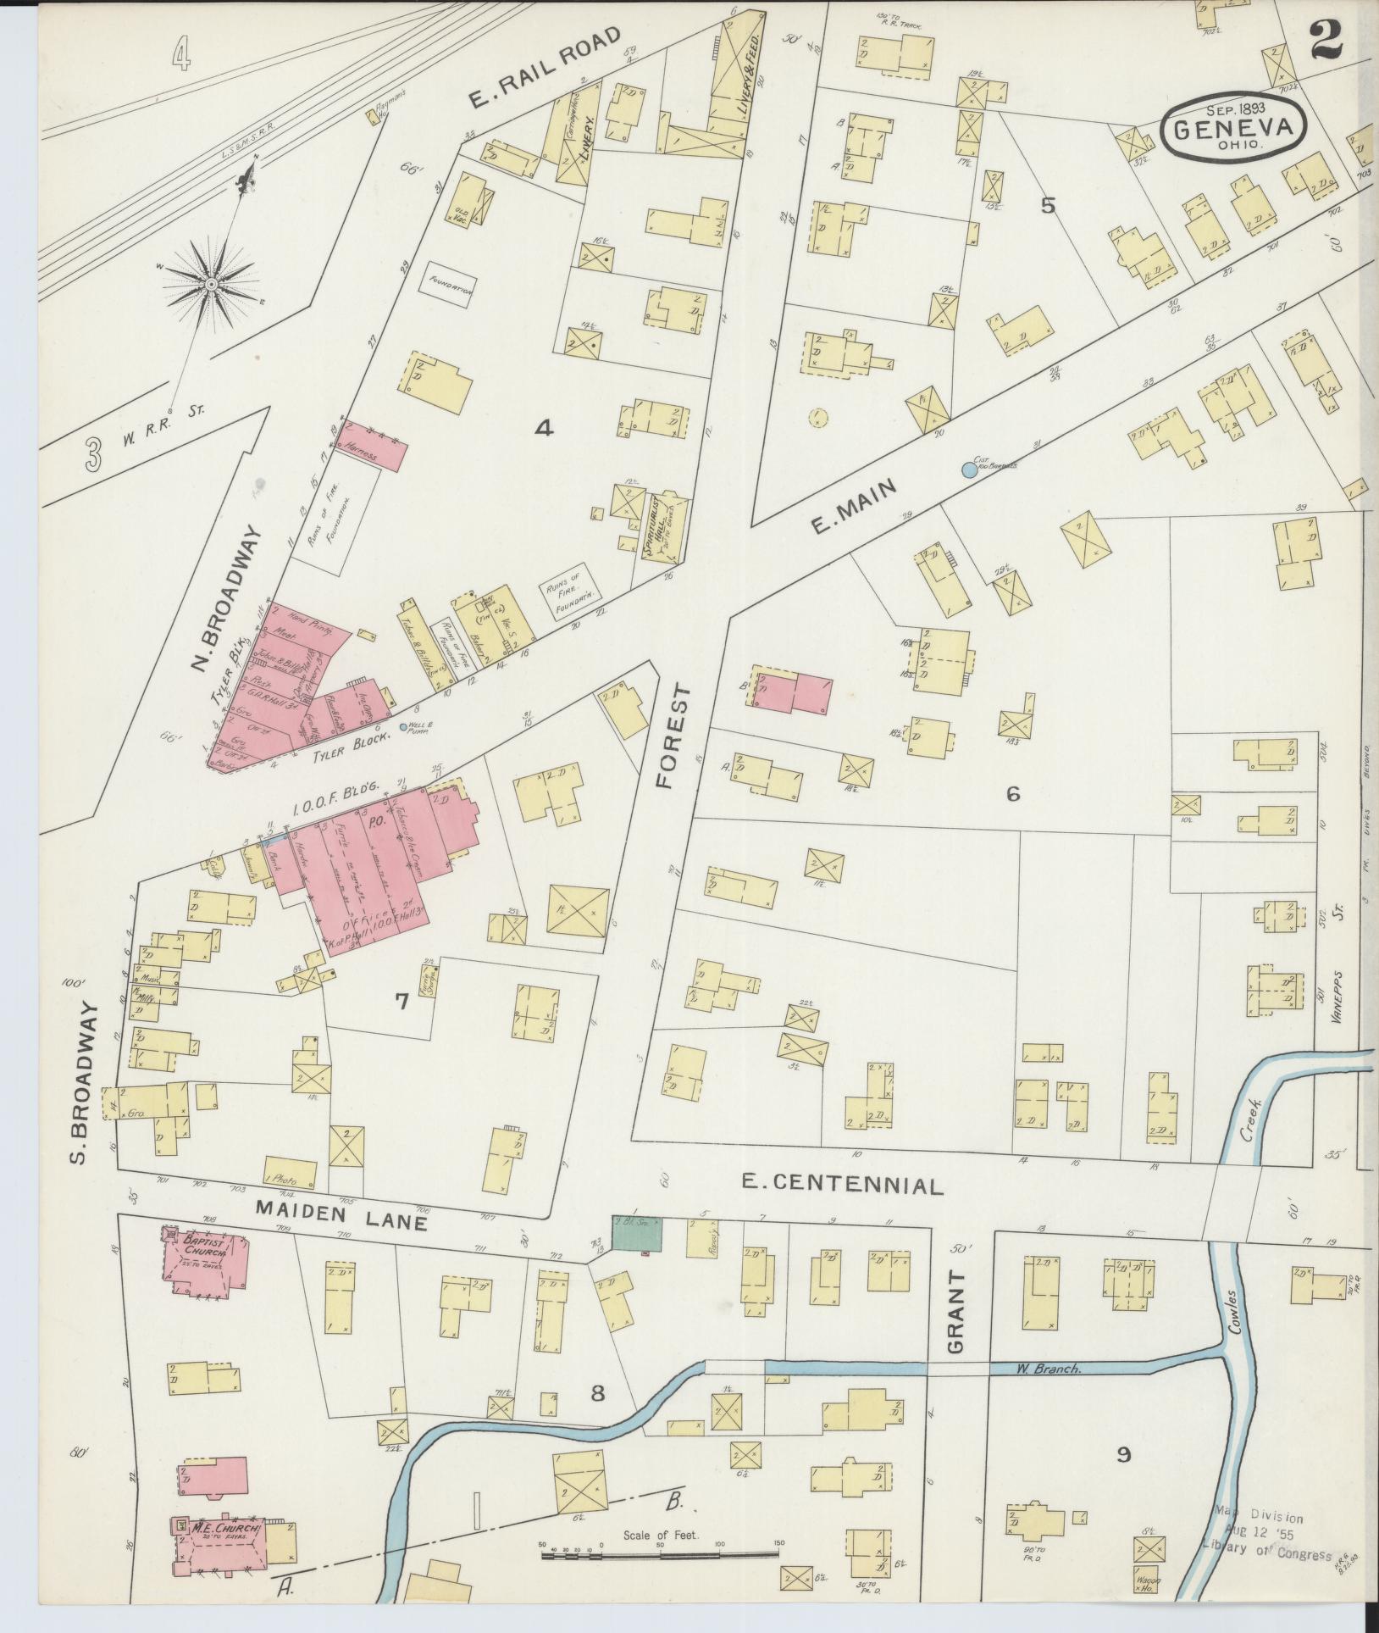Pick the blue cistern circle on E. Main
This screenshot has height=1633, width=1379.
(x=969, y=469)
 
